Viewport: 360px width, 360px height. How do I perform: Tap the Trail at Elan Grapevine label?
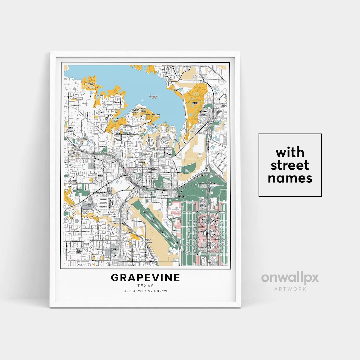[148, 240]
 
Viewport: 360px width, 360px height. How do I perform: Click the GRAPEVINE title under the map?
[145, 277]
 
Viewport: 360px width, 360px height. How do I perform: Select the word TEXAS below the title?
[145, 286]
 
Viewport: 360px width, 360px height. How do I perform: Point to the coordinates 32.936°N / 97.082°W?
[145, 291]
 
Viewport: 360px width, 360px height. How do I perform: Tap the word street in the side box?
[290, 165]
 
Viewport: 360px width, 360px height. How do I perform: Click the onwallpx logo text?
[290, 278]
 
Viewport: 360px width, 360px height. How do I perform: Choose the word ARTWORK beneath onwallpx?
[290, 289]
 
